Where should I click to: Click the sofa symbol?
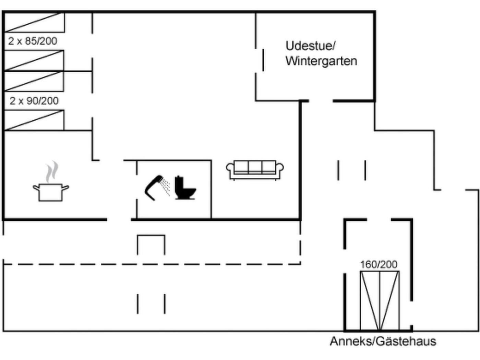point(255,169)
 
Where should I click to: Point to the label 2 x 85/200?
point(33,41)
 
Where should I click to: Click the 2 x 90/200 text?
point(34,101)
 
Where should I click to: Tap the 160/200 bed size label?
point(379,264)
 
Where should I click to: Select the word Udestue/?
point(310,46)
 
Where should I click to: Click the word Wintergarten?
point(321,61)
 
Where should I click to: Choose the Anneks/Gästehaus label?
point(383,341)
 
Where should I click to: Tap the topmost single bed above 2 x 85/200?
point(34,22)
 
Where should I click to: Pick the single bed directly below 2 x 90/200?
point(34,120)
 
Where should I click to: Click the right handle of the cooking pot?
point(65,188)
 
